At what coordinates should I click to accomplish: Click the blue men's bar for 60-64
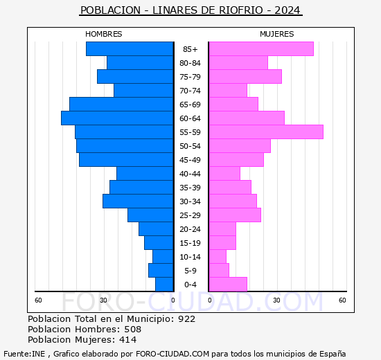pyautogui.click(x=117, y=118)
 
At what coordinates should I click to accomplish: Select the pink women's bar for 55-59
pyautogui.click(x=266, y=132)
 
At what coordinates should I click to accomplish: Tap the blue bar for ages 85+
pyautogui.click(x=130, y=49)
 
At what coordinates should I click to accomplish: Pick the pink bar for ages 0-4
pyautogui.click(x=228, y=285)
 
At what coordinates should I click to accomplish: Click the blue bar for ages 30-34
pyautogui.click(x=138, y=201)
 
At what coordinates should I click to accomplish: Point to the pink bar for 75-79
pyautogui.click(x=246, y=77)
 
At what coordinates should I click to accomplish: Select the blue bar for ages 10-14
pyautogui.click(x=163, y=257)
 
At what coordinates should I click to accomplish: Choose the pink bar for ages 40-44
pyautogui.click(x=224, y=174)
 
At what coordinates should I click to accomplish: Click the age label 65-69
pyautogui.click(x=190, y=105)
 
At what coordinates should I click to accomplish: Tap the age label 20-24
pyautogui.click(x=190, y=229)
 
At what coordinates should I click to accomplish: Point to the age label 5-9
pyautogui.click(x=190, y=271)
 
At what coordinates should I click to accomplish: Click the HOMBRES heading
pyautogui.click(x=103, y=34)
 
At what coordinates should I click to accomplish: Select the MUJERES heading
pyautogui.click(x=277, y=34)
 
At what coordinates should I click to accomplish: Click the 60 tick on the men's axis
pyautogui.click(x=38, y=300)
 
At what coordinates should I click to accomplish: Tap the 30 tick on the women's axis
pyautogui.click(x=276, y=300)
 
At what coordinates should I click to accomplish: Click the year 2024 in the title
pyautogui.click(x=287, y=10)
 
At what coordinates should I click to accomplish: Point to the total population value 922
pyautogui.click(x=186, y=319)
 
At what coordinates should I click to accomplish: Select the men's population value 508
pyautogui.click(x=133, y=330)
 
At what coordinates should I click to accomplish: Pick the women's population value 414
pyautogui.click(x=128, y=340)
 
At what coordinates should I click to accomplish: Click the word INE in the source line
pyautogui.click(x=38, y=354)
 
